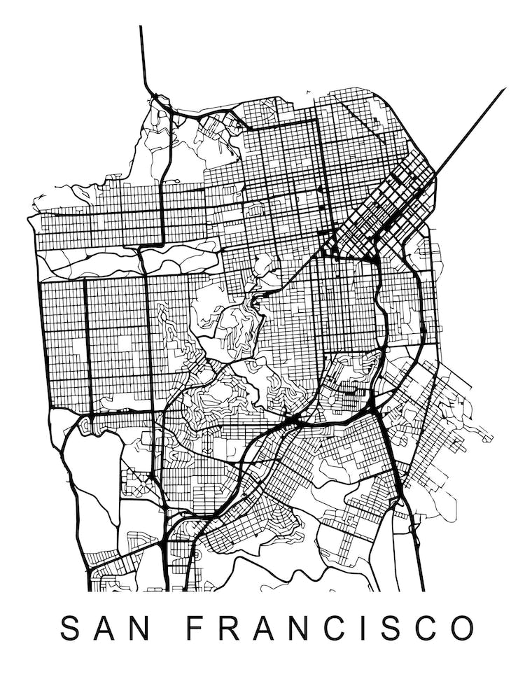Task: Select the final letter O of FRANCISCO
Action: coord(462,629)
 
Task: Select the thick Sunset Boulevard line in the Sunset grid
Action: coord(86,336)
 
